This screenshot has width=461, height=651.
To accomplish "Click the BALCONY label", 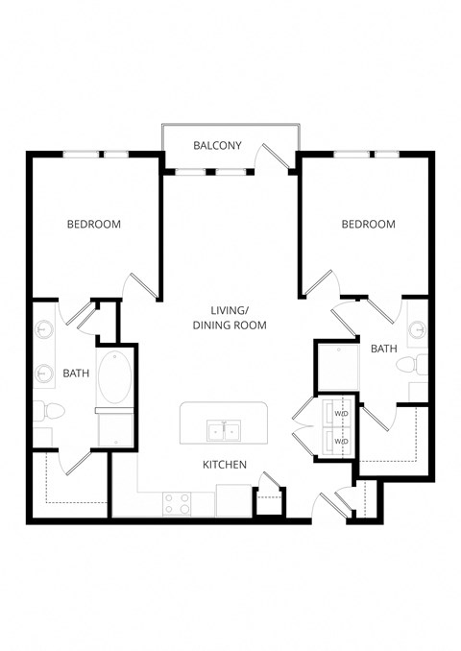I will [x=217, y=146].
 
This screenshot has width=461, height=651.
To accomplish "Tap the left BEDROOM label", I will [x=93, y=225].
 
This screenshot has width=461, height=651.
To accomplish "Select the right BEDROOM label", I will [x=369, y=225].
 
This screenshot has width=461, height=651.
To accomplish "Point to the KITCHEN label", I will [x=225, y=465].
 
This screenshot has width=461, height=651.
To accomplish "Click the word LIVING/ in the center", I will [x=230, y=309].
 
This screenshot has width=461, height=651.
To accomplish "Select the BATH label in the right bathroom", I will [x=383, y=349].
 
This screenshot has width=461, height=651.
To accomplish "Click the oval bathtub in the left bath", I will [x=115, y=377].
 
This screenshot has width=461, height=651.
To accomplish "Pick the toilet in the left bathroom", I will [x=49, y=411].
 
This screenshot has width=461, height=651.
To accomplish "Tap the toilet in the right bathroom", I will [x=414, y=365].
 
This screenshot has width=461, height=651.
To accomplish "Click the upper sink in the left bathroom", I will [x=43, y=330].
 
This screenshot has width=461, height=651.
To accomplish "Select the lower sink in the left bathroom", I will [x=43, y=373].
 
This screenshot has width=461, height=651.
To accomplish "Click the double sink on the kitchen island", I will [x=225, y=429].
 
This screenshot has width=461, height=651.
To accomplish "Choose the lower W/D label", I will [x=341, y=442].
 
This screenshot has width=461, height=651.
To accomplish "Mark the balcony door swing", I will [x=279, y=160].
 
